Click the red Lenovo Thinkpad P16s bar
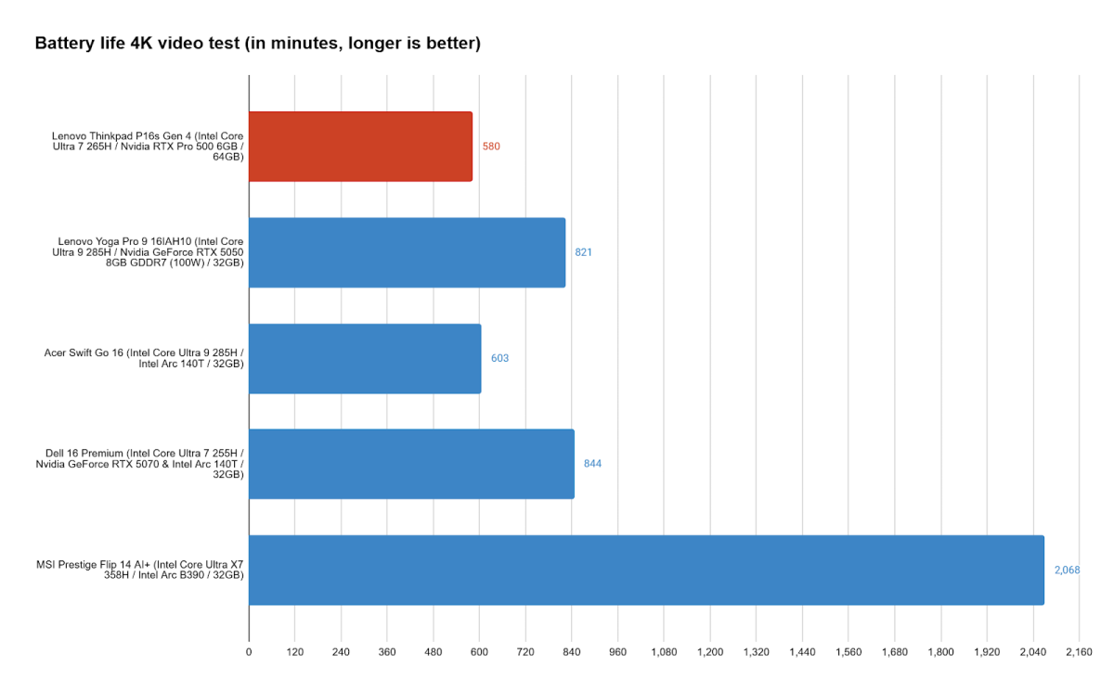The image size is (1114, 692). pyautogui.click(x=360, y=147)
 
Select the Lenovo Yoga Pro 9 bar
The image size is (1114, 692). pyautogui.click(x=407, y=252)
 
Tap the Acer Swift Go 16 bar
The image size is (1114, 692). pyautogui.click(x=365, y=358)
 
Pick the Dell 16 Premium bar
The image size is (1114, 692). pyautogui.click(x=411, y=464)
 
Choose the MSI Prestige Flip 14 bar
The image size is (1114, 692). pyautogui.click(x=646, y=570)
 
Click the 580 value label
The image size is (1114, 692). pyautogui.click(x=491, y=147)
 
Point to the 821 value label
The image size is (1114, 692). pyautogui.click(x=583, y=252)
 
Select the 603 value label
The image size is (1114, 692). pyautogui.click(x=499, y=358)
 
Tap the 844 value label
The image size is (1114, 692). pyautogui.click(x=592, y=464)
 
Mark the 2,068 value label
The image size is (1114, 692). pyautogui.click(x=1067, y=570)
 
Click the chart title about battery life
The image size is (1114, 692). pyautogui.click(x=257, y=44)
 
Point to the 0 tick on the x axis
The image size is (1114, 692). pyautogui.click(x=249, y=652)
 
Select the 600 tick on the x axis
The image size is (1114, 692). pyautogui.click(x=479, y=652)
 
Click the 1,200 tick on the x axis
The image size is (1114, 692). pyautogui.click(x=710, y=652)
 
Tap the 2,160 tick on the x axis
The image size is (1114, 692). pyautogui.click(x=1079, y=652)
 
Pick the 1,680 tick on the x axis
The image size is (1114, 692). pyautogui.click(x=894, y=652)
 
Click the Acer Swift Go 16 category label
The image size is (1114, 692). pyautogui.click(x=144, y=358)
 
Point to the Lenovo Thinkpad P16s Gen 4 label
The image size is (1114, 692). pyautogui.click(x=148, y=147)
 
